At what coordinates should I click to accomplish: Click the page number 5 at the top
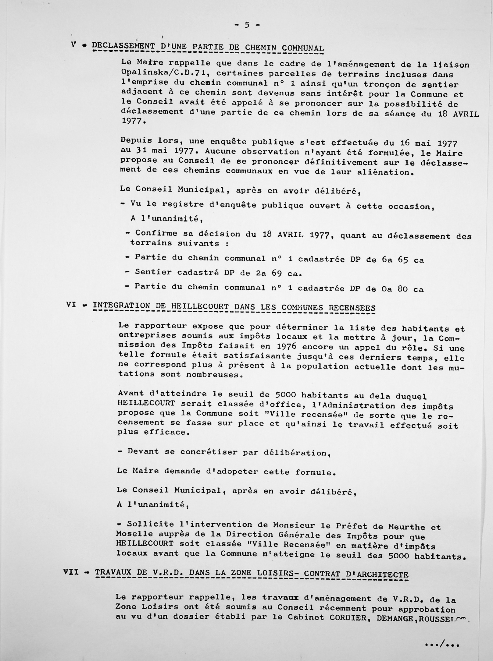[247, 25]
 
